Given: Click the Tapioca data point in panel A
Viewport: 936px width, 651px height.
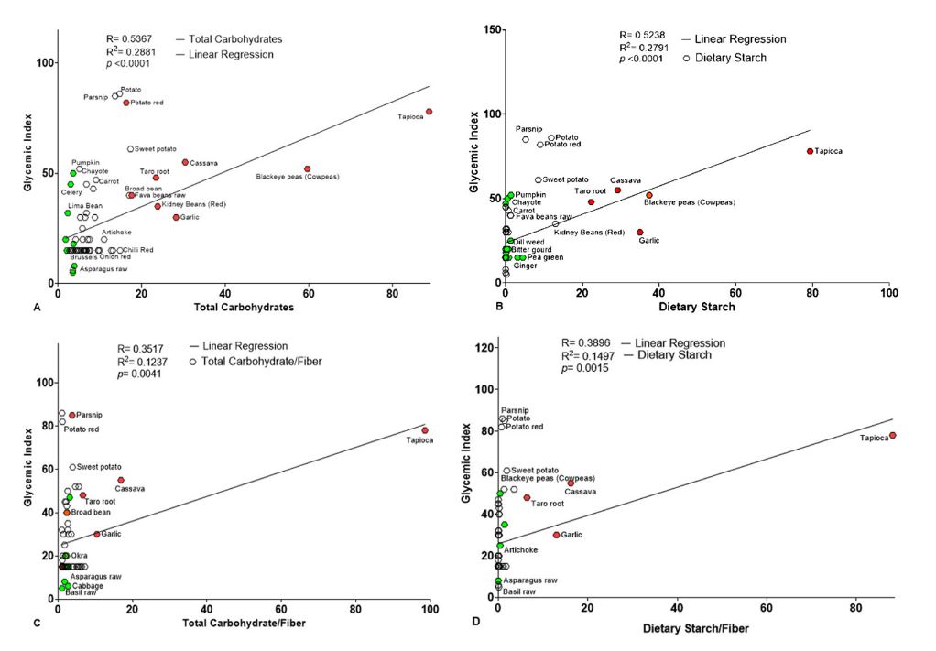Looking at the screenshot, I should tap(429, 112).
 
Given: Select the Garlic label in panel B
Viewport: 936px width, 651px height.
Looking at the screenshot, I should tap(648, 241).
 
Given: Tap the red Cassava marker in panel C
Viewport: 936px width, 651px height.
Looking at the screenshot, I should tap(120, 480).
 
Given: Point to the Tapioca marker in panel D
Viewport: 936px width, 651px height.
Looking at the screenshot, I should tap(892, 436).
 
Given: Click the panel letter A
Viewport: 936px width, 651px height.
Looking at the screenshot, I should tap(37, 308).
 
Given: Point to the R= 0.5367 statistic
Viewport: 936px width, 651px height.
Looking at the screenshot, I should tap(129, 39).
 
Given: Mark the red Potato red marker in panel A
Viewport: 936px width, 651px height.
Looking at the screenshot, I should tap(126, 103).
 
